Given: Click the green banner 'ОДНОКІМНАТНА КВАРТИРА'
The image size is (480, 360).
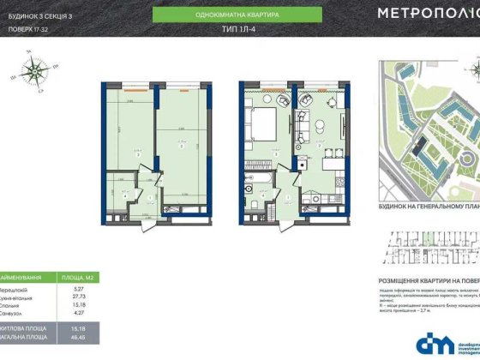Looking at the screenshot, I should pos(237,15).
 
